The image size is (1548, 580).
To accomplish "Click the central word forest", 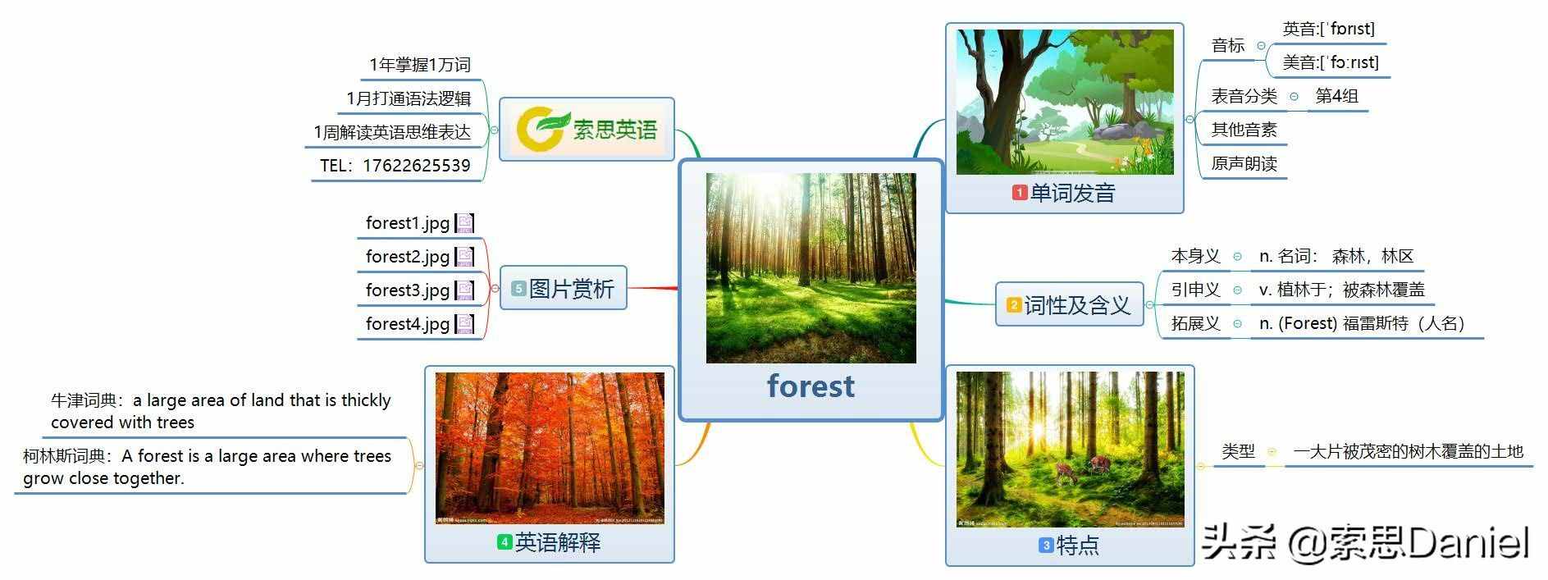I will click(811, 386).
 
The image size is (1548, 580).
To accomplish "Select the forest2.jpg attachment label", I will click(408, 257).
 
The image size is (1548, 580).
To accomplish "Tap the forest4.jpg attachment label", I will click(408, 324).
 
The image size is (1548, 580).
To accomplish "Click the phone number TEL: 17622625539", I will click(395, 166).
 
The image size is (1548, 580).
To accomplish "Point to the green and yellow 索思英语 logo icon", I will click(541, 129).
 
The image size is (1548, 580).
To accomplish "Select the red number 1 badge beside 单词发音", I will click(1019, 193).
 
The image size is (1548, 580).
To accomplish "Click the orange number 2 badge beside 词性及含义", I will click(1014, 305).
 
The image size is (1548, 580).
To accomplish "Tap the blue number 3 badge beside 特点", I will click(1045, 545).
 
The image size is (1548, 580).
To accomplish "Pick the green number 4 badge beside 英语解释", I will click(505, 542).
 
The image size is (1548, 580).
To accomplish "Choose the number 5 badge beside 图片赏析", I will click(518, 289).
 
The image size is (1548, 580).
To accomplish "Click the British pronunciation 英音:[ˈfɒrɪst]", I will click(1328, 30).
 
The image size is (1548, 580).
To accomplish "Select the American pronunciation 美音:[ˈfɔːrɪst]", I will click(1331, 62).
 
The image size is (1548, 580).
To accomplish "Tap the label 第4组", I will click(1337, 96).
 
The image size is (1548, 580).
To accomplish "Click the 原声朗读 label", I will click(1244, 163).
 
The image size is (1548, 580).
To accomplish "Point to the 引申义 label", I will click(1195, 290).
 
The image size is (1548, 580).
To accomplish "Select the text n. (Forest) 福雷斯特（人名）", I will click(1362, 323).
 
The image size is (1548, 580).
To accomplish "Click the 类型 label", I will click(1238, 451).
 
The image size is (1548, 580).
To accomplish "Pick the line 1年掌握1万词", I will click(419, 65).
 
